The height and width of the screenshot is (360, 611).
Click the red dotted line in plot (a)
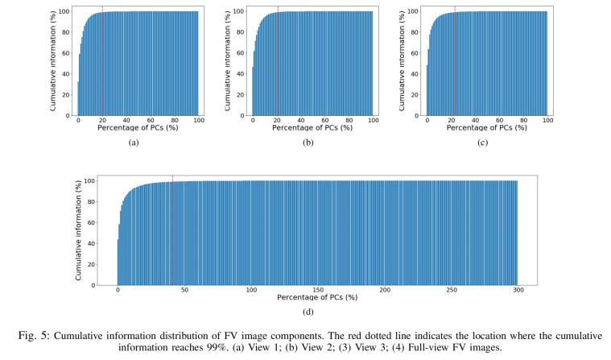click(x=102, y=60)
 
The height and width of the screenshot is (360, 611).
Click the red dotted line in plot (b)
click(x=277, y=60)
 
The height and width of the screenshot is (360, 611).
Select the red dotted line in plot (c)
click(x=454, y=60)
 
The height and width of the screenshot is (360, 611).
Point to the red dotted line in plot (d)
click(x=172, y=230)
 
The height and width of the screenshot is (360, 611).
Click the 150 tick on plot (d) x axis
click(x=318, y=291)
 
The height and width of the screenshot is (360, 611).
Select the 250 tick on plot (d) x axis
click(x=451, y=291)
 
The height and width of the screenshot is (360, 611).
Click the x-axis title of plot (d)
click(x=317, y=299)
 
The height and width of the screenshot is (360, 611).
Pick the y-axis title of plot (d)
click(x=79, y=230)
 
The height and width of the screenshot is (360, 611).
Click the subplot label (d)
click(x=317, y=312)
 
